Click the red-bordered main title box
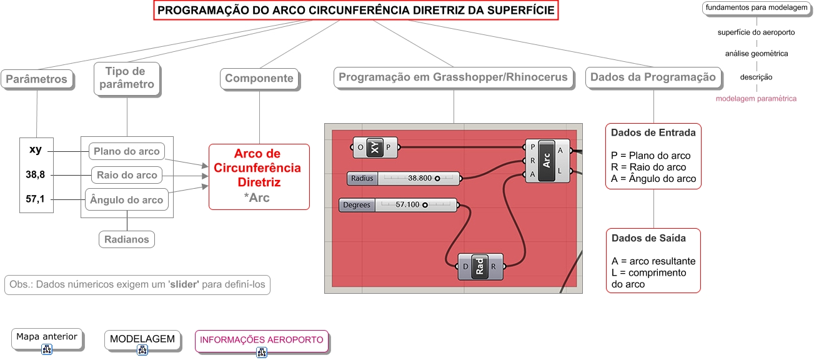coord(356,11)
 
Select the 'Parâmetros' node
coord(37,79)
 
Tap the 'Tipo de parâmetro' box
coord(126,78)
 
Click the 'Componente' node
coord(259,79)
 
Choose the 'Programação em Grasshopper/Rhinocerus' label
coord(453,77)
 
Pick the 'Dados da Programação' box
coord(653,77)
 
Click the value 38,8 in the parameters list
coord(36,175)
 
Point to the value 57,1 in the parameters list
coord(36,199)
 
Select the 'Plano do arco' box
coord(127,151)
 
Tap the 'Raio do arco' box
coord(127,175)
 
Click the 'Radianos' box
coord(127,239)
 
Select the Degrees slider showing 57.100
coord(398,205)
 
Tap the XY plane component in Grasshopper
coord(374,148)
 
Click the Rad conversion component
coord(480,266)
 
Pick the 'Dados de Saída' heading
coord(648,238)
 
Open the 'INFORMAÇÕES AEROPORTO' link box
coord(262,341)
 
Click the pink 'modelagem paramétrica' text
coord(756,99)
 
